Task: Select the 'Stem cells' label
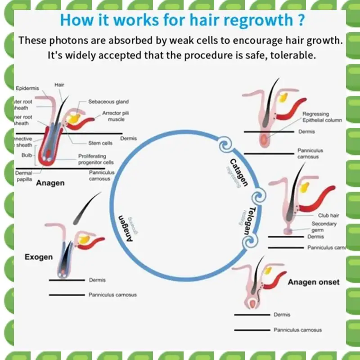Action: [100, 143]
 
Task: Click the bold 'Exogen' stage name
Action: [38, 257]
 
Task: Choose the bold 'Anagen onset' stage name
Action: [314, 283]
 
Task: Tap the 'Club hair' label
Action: [328, 216]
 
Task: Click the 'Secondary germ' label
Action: [324, 227]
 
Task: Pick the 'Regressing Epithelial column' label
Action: [322, 117]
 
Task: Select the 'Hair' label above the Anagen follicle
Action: [59, 85]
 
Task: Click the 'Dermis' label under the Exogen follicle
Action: [97, 280]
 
